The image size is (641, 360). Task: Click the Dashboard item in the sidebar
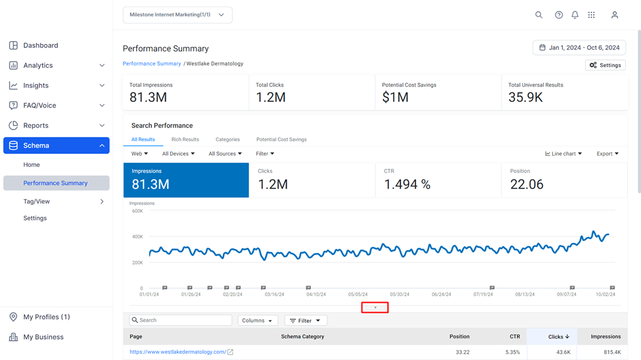[41, 45]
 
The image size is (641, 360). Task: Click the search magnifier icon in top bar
[539, 14]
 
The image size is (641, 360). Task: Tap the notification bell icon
[575, 14]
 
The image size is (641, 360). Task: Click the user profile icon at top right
[615, 14]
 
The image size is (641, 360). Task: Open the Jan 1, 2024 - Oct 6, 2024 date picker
[579, 47]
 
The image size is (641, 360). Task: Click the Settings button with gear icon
[605, 65]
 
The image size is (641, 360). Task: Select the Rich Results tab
[185, 139]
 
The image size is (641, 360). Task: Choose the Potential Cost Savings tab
[281, 139]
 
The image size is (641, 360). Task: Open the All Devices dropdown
[178, 154]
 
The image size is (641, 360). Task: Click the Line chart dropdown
[563, 154]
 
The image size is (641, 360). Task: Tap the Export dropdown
[607, 154]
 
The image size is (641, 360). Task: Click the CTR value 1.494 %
[407, 185]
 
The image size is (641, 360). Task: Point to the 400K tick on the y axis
[137, 236]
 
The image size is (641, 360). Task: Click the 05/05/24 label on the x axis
[358, 294]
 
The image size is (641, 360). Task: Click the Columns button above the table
[258, 321]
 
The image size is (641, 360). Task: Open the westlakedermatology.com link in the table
[178, 352]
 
